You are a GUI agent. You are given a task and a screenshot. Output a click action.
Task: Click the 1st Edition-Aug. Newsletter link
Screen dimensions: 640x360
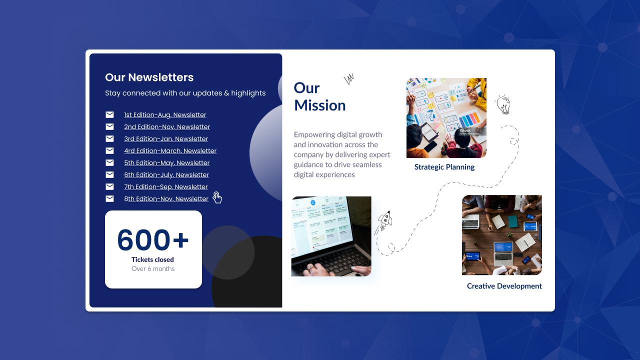[165, 115]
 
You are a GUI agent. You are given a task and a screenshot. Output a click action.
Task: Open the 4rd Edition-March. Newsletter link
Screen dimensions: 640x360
[170, 151]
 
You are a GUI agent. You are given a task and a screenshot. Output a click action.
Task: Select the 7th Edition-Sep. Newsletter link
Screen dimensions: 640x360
[165, 187]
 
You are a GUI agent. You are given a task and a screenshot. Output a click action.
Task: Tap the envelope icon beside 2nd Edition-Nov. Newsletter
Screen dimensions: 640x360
[109, 126]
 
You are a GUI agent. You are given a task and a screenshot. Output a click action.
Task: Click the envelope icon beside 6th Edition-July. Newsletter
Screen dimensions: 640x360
[109, 174]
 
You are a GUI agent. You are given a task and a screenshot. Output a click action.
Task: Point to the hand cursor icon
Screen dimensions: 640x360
[217, 197]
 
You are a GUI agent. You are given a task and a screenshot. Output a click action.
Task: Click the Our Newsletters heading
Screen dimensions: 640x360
[149, 77]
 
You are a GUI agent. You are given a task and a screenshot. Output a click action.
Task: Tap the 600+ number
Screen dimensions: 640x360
[153, 239]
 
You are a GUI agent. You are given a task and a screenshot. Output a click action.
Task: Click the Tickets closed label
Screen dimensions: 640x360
[152, 259]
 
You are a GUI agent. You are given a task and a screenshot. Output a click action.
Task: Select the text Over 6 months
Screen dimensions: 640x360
[153, 268]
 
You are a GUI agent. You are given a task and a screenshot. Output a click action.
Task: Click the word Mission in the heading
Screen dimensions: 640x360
[319, 105]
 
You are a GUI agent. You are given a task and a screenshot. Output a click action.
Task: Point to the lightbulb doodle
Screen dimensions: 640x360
[503, 104]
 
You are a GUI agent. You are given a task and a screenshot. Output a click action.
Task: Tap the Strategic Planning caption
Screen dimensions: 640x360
[444, 167]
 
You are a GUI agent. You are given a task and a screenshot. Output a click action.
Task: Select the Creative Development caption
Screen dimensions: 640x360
[504, 286]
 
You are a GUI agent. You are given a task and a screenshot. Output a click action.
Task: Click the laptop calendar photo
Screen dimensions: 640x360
[331, 236]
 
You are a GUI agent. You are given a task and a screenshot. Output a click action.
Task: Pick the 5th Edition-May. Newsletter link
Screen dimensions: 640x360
[167, 163]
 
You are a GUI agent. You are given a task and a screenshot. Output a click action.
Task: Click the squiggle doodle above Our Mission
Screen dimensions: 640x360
[349, 78]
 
